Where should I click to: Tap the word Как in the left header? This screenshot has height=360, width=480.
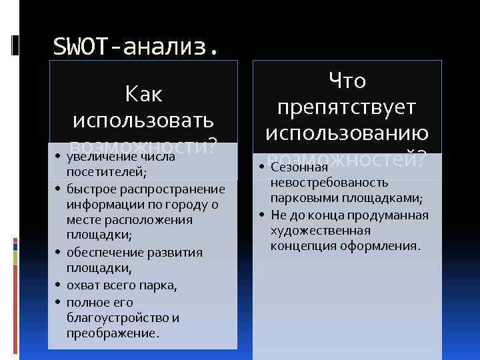[143, 94]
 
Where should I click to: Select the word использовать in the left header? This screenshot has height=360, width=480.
[143, 121]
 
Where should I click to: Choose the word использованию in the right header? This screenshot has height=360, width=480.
[347, 133]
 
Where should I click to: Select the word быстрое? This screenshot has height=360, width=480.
[89, 189]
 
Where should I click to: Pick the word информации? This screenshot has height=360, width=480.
[99, 205]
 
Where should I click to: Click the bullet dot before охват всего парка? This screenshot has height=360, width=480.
[60, 286]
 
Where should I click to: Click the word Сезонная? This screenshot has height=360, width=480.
[299, 167]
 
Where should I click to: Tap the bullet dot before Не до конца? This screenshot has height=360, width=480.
[264, 215]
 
